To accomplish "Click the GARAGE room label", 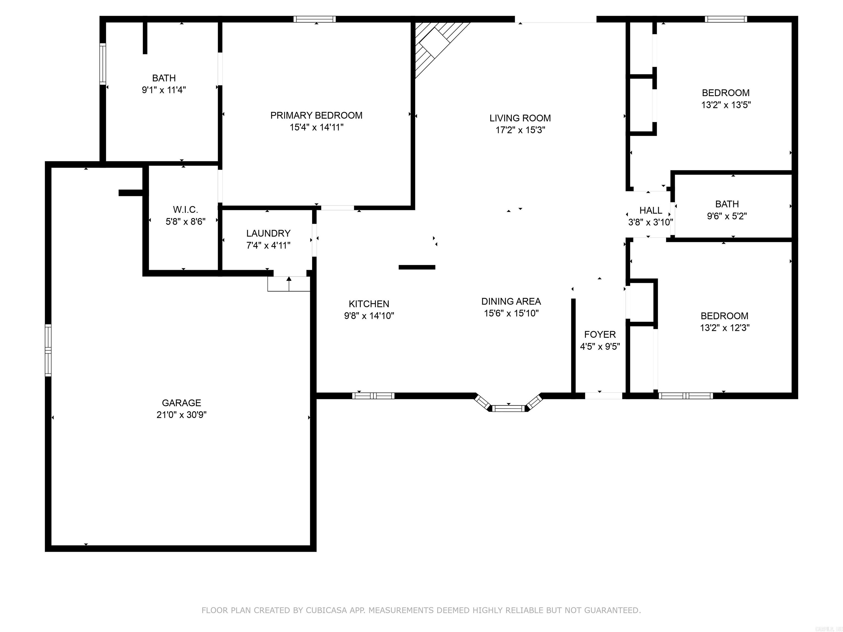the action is coord(181,403).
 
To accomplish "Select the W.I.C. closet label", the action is coord(186,210).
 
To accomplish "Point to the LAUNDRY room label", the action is coord(268,233).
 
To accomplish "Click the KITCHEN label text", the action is coord(369,304).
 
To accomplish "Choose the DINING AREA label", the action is coord(511,301).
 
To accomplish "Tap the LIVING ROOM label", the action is coord(520,118).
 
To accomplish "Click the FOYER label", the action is coord(600,334).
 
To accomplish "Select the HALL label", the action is coord(651,210).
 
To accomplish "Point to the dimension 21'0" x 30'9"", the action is coord(181,414).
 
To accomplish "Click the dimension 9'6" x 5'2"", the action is coord(727,216).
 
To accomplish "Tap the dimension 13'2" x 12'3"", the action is coord(724,328).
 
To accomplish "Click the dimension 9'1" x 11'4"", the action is coord(164,90).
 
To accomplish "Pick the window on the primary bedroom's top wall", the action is coord(314,19).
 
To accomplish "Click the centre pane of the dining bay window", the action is coord(508,409).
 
